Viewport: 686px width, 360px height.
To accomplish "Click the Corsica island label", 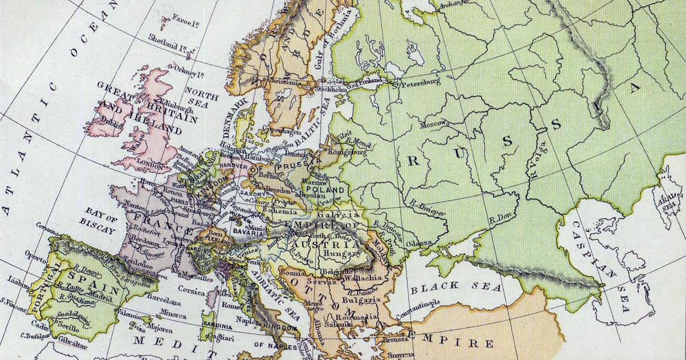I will pyautogui.click(x=190, y=291).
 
